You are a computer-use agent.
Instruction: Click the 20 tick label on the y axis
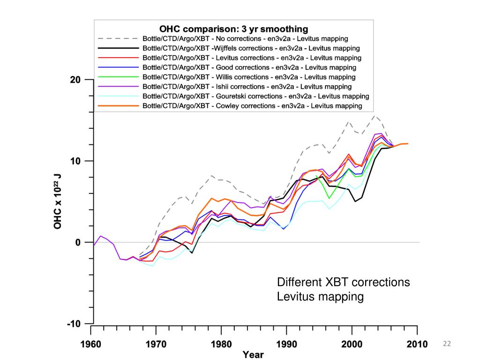[x=75, y=80]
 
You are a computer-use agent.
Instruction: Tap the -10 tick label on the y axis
[x=74, y=324]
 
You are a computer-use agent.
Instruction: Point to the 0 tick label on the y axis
[x=78, y=242]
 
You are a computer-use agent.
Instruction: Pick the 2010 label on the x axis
[x=416, y=345]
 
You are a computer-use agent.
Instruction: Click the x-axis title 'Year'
[x=253, y=355]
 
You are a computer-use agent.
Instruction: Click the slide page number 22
[x=447, y=345]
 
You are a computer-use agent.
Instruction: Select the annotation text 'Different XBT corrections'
[x=344, y=283]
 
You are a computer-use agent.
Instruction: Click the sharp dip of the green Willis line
[x=330, y=198]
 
